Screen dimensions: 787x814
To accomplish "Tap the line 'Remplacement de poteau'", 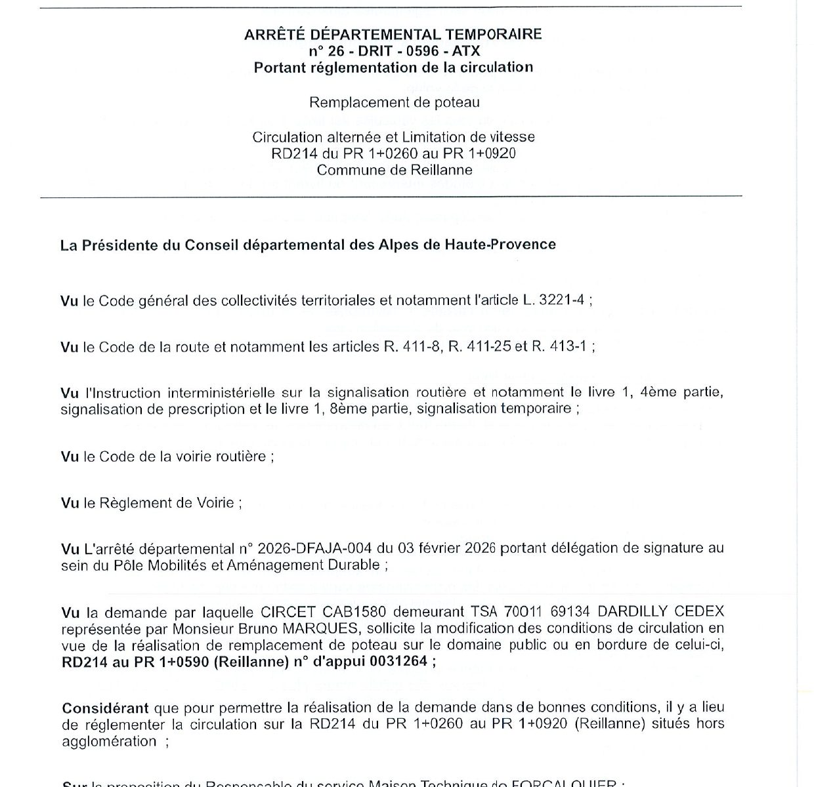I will [395, 102].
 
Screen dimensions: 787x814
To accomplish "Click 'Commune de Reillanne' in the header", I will [395, 170].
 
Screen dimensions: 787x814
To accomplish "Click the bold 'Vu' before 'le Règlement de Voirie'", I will [69, 503].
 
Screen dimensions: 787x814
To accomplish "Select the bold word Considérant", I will [104, 708].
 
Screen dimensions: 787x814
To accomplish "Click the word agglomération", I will [109, 742].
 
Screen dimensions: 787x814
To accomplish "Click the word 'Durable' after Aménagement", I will [355, 565].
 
